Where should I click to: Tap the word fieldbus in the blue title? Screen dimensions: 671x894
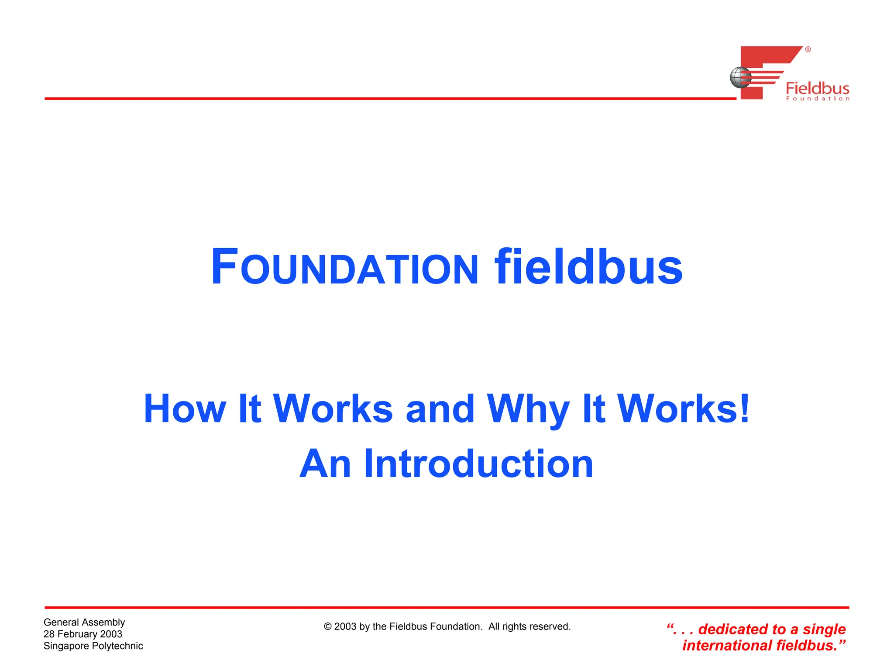tap(588, 266)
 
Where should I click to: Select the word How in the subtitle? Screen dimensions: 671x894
tap(184, 409)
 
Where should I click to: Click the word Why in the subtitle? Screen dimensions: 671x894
tap(528, 410)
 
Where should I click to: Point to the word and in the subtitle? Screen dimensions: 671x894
tap(440, 409)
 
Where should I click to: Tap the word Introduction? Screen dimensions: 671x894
tap(478, 464)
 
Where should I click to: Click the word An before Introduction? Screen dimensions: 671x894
tap(325, 464)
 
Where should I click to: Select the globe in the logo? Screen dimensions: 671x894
tap(740, 78)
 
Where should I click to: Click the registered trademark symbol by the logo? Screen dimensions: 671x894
tap(808, 50)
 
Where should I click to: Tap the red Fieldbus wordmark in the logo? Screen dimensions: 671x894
tap(818, 89)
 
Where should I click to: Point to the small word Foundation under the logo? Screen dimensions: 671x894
tap(818, 99)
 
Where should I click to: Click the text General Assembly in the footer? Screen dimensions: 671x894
tap(84, 622)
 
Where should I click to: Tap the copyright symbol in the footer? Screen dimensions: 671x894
tap(328, 627)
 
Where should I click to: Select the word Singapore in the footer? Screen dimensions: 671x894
tap(64, 646)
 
